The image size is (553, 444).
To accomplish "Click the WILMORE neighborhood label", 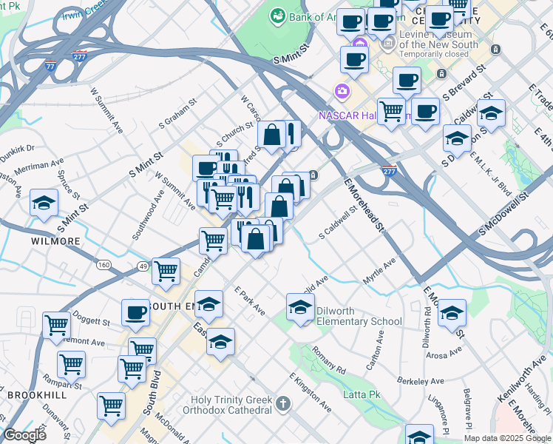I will coord(55,241).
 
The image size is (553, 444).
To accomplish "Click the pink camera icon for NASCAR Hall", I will coord(342,91).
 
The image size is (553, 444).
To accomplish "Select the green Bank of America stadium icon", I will coord(278,15).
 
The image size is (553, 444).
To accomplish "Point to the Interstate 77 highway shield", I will coord(50,64).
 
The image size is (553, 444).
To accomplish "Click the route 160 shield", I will coord(104,265).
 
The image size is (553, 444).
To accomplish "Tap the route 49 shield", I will coord(143,266).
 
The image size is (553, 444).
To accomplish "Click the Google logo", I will coord(24,434).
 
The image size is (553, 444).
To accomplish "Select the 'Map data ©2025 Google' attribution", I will coord(506,438).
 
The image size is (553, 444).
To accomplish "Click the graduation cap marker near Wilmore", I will coord(44,202).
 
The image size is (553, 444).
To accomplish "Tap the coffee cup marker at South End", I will coord(135,312).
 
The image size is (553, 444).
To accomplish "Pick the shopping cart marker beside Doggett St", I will coord(56,324).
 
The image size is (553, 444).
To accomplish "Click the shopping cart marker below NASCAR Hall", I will coord(391,111).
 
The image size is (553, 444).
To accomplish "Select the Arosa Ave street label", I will coord(444,355).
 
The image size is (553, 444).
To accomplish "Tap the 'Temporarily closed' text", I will coord(433,55).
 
